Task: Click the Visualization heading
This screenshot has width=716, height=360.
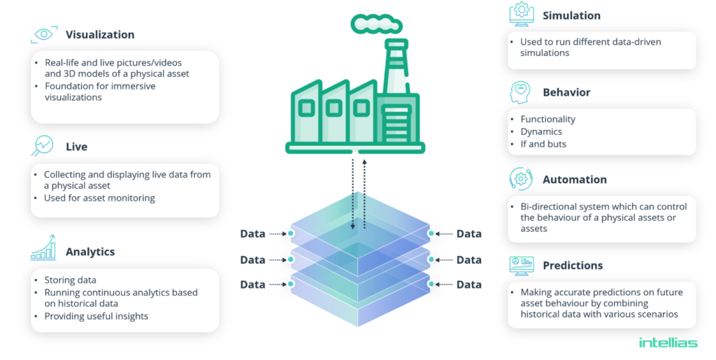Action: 100,34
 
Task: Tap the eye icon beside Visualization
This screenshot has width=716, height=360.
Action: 44,34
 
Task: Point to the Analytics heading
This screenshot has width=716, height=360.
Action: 90,252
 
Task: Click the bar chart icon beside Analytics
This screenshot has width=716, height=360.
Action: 43,248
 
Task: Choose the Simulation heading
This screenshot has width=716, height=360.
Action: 571,15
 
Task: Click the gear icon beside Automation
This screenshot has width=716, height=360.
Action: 521,179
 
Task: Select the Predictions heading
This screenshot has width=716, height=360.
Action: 573,266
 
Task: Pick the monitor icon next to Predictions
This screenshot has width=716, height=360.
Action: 521,265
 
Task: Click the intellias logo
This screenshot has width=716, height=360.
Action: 668,343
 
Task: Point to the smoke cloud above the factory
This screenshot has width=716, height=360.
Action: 376,24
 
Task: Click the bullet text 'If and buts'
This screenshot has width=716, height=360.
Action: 543,144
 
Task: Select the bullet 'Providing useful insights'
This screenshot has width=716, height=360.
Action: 96,316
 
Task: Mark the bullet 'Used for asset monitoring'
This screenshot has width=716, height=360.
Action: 99,198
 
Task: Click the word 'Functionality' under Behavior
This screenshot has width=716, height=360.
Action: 547,120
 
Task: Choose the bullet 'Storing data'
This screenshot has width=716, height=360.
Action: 70,280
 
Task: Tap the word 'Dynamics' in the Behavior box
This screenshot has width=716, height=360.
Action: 540,131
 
